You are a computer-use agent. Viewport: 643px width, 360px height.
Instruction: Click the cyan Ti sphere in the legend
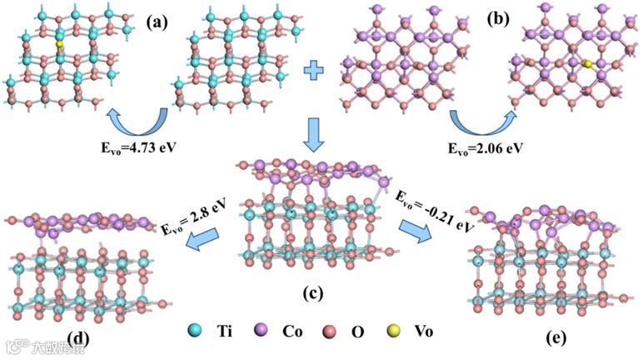(194, 331)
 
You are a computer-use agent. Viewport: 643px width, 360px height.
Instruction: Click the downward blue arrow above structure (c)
(314, 133)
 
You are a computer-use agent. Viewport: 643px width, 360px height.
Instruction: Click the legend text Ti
(222, 331)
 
